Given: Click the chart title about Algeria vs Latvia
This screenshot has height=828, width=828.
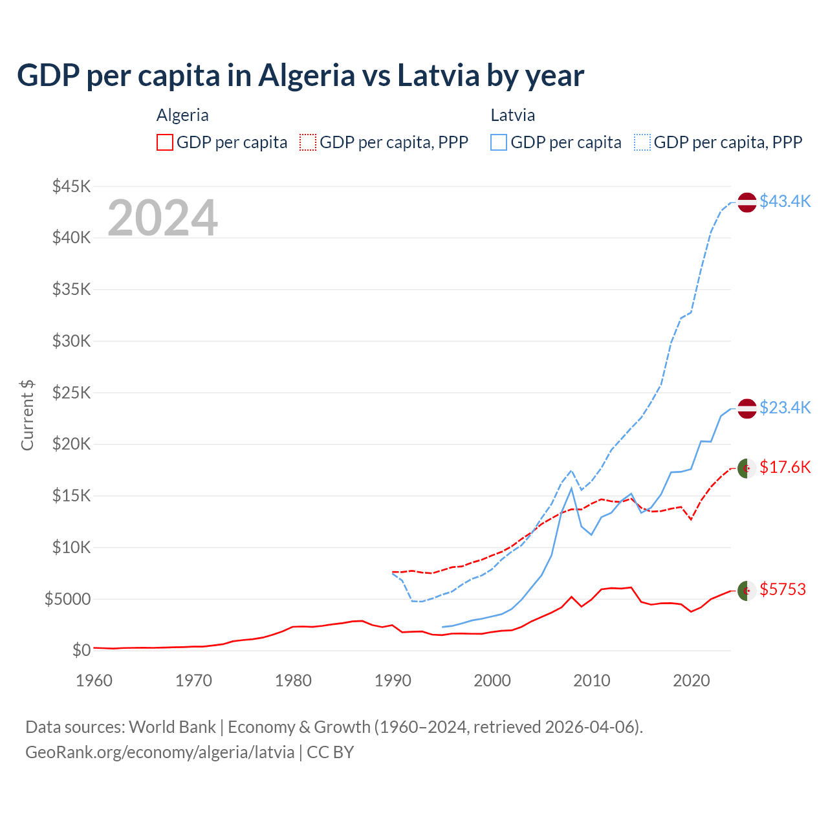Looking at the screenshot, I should pos(300,76).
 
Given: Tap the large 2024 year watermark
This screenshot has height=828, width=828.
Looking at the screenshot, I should pos(162,218).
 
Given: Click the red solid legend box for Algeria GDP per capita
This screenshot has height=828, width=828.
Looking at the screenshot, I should pos(165,142).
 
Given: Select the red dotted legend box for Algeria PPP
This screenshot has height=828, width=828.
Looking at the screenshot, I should pos(308,142).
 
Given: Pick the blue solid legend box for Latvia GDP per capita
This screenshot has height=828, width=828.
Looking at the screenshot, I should pos(499,142).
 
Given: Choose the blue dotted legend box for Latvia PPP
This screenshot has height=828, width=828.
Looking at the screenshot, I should pos(642,142).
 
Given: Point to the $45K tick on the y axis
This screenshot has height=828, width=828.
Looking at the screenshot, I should pos(71,186).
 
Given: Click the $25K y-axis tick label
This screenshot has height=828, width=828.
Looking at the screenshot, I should pos(71,393).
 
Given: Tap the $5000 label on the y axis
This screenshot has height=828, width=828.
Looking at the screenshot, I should pos(67,599).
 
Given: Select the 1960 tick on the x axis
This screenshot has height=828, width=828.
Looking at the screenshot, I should pos(94,681).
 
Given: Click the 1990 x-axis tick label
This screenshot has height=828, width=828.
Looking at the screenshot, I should pos(393,681).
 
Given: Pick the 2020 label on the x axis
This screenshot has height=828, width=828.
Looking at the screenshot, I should pos(692,681).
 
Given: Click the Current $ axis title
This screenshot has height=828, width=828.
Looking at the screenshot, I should pos(27,415).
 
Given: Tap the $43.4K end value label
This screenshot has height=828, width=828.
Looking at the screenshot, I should pos(785,202).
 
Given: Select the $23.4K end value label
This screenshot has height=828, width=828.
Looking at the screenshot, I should pos(785,408).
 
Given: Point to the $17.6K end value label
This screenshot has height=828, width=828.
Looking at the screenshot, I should pos(785,467).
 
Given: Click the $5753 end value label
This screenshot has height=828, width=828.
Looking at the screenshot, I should pos(783,589).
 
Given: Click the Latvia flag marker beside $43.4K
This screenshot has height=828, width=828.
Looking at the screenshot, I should pos(747,202).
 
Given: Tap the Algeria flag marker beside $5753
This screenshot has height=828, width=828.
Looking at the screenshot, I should pos(747,591).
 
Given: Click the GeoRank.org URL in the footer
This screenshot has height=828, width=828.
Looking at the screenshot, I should pos(160,752).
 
